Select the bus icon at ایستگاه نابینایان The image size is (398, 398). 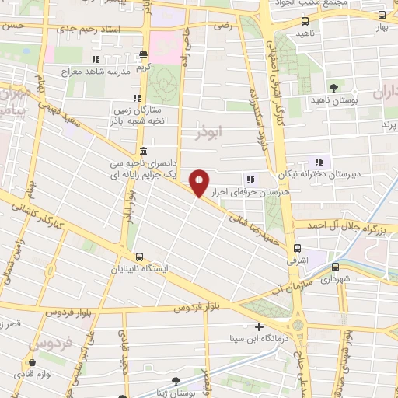[140, 257]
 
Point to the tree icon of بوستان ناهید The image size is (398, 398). [333, 87]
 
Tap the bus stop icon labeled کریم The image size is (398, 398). [143, 55]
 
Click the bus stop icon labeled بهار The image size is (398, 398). [381, 15]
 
